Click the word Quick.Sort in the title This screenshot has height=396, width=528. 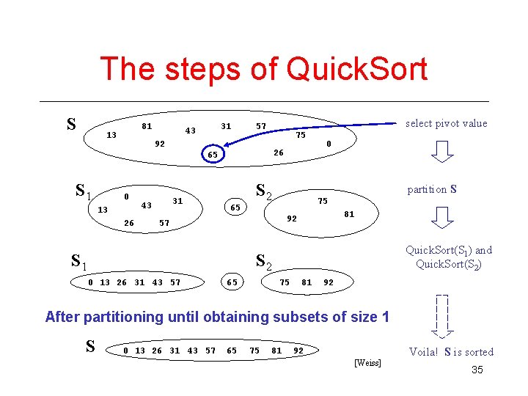(x=357, y=70)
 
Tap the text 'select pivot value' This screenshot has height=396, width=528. (x=446, y=123)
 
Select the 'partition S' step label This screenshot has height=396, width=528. (x=433, y=189)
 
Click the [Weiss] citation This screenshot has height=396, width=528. (x=367, y=364)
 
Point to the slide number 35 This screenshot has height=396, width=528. (x=477, y=370)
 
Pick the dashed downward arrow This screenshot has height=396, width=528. (x=441, y=315)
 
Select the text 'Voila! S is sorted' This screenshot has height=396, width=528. (x=451, y=352)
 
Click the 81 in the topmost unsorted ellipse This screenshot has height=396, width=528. (x=147, y=126)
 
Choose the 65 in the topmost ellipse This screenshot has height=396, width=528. (x=212, y=155)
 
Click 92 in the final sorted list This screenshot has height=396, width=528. (x=298, y=351)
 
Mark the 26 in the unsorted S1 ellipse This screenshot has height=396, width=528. (x=129, y=223)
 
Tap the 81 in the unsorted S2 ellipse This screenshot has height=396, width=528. (x=349, y=214)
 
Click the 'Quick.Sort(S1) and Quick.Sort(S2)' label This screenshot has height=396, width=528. (x=449, y=257)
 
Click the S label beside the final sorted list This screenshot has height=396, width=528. (x=90, y=346)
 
